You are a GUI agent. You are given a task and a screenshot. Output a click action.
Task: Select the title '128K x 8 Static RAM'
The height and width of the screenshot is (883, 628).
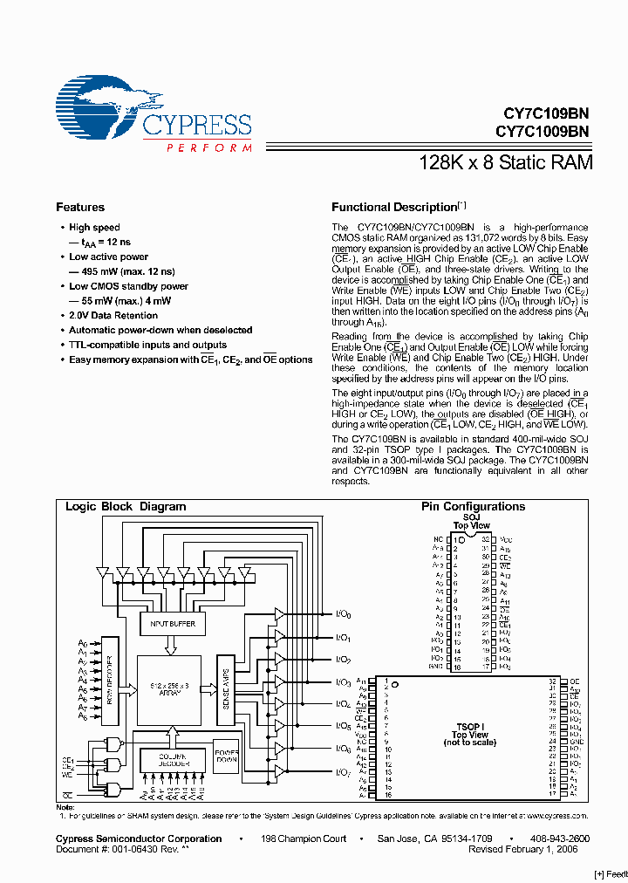[506, 162]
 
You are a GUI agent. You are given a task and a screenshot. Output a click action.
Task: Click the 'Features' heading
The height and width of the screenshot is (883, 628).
[80, 208]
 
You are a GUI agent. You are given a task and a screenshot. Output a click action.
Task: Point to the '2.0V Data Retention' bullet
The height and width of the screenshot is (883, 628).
[113, 316]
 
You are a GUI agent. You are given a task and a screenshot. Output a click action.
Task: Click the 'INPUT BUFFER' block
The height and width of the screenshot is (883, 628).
[174, 624]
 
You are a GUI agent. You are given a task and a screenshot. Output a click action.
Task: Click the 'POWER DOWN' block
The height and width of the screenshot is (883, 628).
[226, 755]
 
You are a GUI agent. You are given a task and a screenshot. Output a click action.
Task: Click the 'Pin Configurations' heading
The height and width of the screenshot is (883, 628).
[473, 507]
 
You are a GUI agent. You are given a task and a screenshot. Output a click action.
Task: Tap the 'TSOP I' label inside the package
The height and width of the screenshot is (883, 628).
[469, 726]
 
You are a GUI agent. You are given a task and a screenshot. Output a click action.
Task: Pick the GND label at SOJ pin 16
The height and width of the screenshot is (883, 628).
[437, 667]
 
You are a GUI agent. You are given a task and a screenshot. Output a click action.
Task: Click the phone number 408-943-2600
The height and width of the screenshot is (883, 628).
[560, 839]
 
